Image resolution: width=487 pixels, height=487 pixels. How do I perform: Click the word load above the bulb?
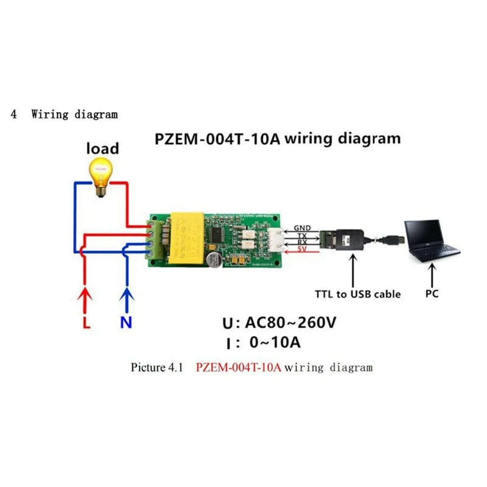click(102, 148)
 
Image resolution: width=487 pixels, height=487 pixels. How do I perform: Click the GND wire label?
click(302, 228)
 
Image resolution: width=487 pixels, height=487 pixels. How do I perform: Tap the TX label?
click(302, 236)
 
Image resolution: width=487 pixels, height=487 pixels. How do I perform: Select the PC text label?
click(432, 294)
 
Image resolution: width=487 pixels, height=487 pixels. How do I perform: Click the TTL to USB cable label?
click(357, 294)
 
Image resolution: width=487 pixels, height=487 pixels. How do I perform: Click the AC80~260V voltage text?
click(289, 323)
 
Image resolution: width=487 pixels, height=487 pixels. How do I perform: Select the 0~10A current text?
click(275, 342)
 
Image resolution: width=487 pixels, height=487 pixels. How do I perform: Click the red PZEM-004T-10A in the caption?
click(239, 368)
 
